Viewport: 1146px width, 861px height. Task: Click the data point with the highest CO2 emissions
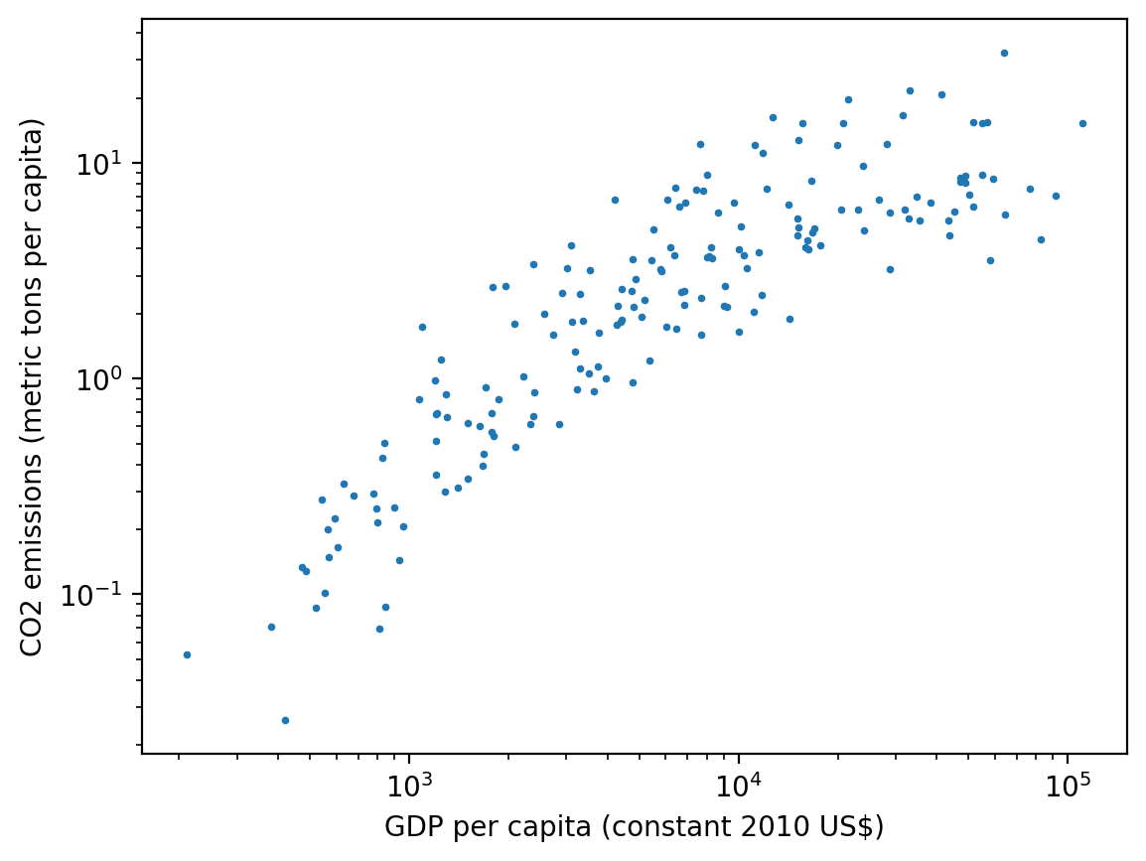[1004, 53]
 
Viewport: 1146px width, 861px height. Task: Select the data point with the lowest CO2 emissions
[285, 720]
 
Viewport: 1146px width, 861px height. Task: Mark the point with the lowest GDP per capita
[187, 654]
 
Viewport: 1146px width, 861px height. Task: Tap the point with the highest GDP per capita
[1082, 123]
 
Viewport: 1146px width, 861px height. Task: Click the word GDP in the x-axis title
[406, 827]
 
